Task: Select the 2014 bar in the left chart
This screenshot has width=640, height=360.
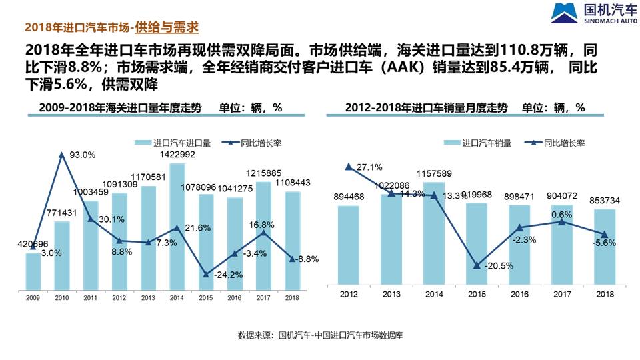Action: coord(177,227)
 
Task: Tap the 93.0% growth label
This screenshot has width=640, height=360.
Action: coord(83,155)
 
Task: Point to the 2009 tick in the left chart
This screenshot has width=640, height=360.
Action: coord(33,297)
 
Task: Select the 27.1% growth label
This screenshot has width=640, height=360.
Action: coord(368,167)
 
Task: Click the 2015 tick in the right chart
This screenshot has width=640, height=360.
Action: coord(477,294)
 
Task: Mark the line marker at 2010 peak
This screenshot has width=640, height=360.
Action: coord(62,155)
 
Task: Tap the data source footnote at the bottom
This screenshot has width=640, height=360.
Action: coord(320,335)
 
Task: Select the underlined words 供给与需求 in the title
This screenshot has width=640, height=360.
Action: coord(167,27)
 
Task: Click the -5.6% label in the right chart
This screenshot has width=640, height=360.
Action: coord(603,243)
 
